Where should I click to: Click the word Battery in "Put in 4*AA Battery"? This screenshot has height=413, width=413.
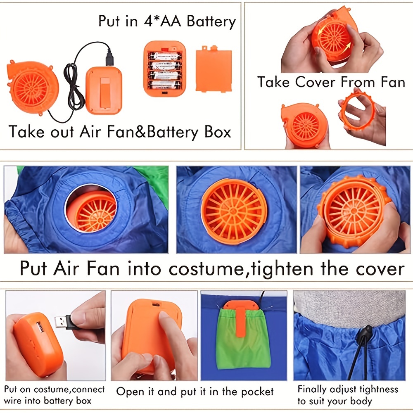(211, 21)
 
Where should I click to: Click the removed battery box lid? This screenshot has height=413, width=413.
(214, 69)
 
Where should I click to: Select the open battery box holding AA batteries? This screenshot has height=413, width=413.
(165, 69)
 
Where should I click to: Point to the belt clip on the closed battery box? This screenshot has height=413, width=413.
(105, 93)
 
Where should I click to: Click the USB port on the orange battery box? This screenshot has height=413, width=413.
(40, 327)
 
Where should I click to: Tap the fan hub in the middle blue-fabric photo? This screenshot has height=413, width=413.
(234, 211)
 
